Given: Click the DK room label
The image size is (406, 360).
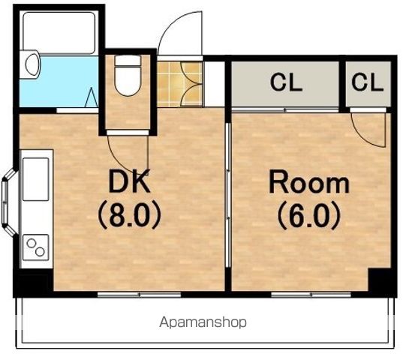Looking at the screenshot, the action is pos(130,181).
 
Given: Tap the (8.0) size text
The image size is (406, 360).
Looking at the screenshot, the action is pos(130,216).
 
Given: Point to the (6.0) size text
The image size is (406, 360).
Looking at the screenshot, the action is pos(309,216).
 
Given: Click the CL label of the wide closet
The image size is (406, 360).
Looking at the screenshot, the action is pos(286,82).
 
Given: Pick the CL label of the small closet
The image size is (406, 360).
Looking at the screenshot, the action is pos(368,82).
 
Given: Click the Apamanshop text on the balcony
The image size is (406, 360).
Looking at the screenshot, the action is pos(203,322).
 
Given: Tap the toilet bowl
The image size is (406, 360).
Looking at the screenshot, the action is pos(128,76).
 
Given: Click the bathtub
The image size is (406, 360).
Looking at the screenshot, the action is pos(59,33).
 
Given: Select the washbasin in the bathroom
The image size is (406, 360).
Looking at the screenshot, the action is pos(32,64).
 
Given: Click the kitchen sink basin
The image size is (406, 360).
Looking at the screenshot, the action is pos(36,178).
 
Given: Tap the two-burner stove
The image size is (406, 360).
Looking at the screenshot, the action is pos(36,247).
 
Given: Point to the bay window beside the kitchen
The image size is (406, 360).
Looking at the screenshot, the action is pos(9,202).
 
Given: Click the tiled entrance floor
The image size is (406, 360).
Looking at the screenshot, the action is pos(179,84).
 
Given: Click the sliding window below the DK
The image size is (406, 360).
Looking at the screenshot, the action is pos(140,294).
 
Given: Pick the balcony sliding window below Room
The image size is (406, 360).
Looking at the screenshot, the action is pos(311,294).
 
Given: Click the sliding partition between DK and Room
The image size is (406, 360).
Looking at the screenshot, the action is pos(228,195).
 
